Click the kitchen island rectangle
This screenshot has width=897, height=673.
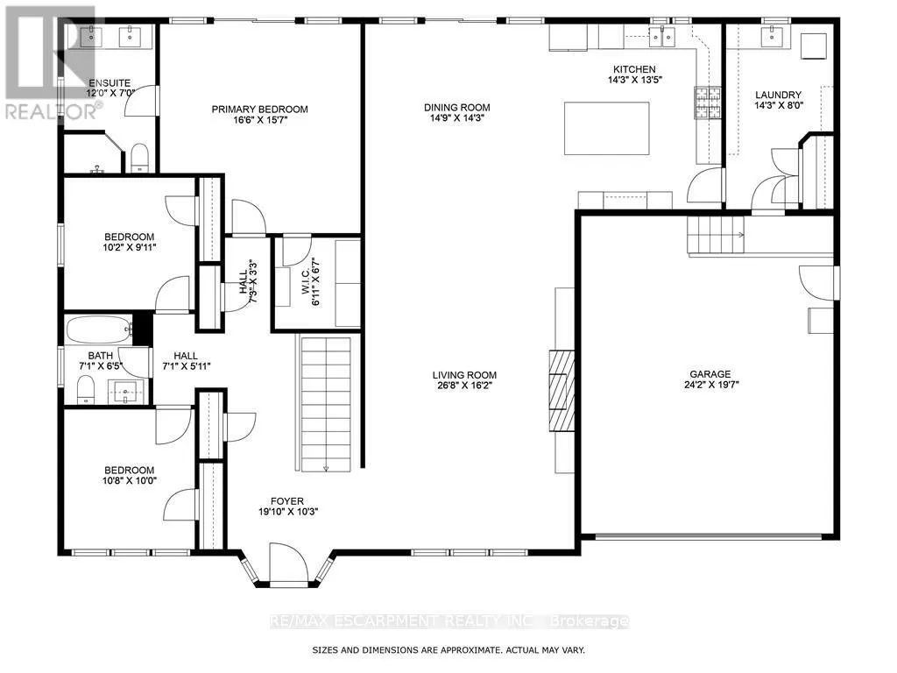point(606,128)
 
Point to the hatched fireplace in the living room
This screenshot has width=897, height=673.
point(562,390)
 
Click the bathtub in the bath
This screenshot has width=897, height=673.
point(99,330)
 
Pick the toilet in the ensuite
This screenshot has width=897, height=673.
point(139,158)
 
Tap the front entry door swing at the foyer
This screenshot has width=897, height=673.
point(289,564)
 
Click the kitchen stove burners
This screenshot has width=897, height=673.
point(708,103)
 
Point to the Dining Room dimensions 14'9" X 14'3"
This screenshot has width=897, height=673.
point(457,118)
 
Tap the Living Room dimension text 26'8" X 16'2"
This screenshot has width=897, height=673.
point(464,386)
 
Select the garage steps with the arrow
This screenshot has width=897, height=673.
point(716,235)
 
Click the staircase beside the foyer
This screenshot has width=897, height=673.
point(326,404)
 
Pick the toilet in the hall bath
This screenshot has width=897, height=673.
point(86,390)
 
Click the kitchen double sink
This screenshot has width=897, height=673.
point(662,37)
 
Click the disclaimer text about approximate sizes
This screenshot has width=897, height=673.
point(448,650)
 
